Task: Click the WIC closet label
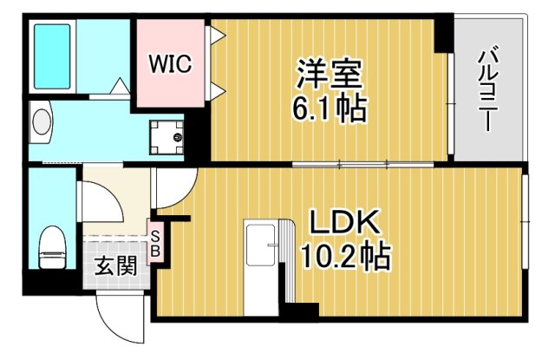point(168,64)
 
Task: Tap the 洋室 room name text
point(328,72)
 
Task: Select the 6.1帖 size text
point(328,108)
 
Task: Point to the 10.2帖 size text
point(343,257)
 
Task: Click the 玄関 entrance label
point(115,265)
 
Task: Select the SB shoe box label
point(156,244)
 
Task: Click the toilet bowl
point(53,245)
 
